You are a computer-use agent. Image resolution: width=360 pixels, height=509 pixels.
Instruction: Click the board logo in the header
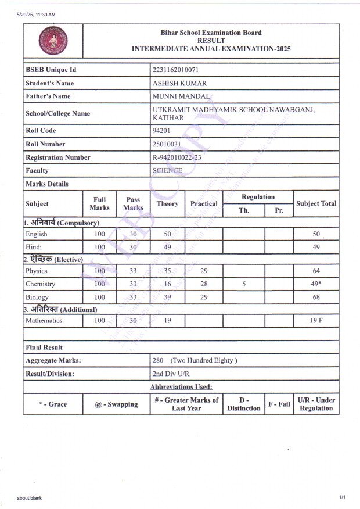pyautogui.click(x=53, y=41)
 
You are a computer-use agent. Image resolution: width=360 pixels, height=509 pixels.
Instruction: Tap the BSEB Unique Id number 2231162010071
pyautogui.click(x=175, y=70)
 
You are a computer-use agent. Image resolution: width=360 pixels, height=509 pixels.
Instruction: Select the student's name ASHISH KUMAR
pyautogui.click(x=179, y=83)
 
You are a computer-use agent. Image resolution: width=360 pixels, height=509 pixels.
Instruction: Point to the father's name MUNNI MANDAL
pyautogui.click(x=181, y=96)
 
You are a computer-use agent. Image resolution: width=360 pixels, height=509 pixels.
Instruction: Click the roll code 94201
pyautogui.click(x=161, y=131)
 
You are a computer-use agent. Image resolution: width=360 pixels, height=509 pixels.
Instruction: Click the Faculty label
pyautogui.click(x=37, y=171)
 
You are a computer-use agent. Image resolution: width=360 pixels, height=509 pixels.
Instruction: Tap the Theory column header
pyautogui.click(x=167, y=204)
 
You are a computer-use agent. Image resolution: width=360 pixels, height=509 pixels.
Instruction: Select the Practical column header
pyautogui.click(x=204, y=204)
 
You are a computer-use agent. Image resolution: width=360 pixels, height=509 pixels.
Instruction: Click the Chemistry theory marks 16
pyautogui.click(x=167, y=284)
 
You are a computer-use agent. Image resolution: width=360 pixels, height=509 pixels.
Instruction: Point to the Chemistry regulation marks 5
pyautogui.click(x=244, y=284)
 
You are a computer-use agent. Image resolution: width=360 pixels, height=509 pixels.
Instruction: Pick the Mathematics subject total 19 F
pyautogui.click(x=316, y=320)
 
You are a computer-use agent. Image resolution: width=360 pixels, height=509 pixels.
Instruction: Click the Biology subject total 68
pyautogui.click(x=316, y=297)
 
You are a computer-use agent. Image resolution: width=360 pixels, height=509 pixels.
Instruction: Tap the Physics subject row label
pyautogui.click(x=37, y=271)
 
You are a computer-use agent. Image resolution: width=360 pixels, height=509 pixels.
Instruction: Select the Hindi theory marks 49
pyautogui.click(x=167, y=247)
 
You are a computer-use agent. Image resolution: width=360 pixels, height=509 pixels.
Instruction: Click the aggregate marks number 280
pyautogui.click(x=158, y=360)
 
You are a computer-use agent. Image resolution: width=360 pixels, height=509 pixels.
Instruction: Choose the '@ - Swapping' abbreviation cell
pyautogui.click(x=116, y=404)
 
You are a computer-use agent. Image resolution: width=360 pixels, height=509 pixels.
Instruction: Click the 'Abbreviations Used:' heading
pyautogui.click(x=181, y=387)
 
